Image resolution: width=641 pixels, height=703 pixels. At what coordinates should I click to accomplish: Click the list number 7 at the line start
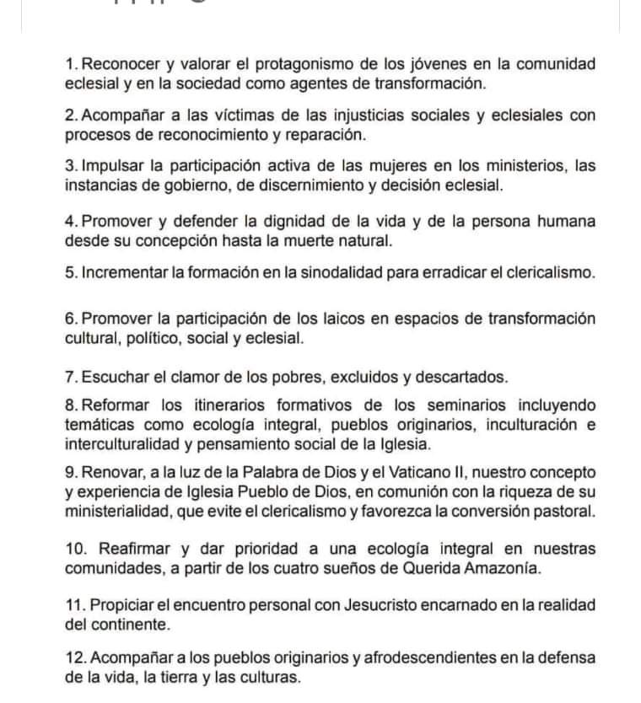[x=70, y=376]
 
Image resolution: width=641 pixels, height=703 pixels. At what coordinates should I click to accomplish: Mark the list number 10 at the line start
[x=74, y=549]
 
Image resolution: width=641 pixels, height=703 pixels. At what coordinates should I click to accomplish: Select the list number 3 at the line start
[x=70, y=166]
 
